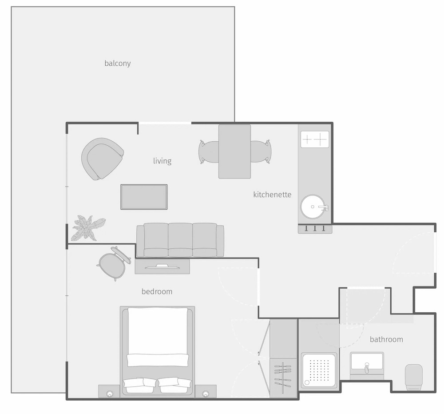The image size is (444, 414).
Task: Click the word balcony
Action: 118,63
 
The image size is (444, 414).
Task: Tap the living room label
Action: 162,161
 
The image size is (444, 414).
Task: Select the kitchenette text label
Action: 272,195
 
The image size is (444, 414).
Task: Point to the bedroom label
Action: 157,291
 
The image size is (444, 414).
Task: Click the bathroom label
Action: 386,339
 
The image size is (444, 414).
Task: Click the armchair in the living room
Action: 102,158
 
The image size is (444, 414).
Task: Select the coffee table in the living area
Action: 144,197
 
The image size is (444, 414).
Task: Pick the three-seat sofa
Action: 180,240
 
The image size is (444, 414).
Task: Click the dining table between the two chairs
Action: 234,151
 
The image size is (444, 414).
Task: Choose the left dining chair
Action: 208,151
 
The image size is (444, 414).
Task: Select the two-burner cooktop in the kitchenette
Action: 315,139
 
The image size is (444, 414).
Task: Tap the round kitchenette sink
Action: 314,207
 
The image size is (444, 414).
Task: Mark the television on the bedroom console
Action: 162,266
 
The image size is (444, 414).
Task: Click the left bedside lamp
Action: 110,393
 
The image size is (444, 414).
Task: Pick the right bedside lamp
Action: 205,393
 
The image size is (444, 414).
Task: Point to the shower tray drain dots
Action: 319,369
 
